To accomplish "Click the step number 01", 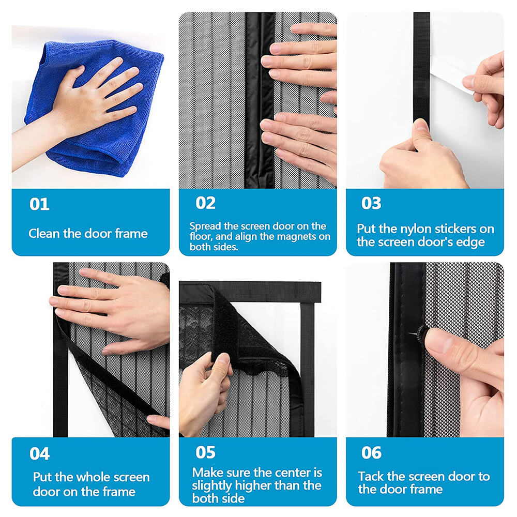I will coord(39,204).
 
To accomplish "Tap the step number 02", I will coord(205,203).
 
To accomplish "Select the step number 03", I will coord(371,203).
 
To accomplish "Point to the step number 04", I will coord(40,454).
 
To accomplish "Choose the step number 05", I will coord(205,452).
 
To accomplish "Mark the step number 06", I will coord(371,453).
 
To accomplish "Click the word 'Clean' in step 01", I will coord(44,234).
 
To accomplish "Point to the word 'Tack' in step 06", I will coord(370,476).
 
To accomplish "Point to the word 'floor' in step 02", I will coord(202,237).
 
